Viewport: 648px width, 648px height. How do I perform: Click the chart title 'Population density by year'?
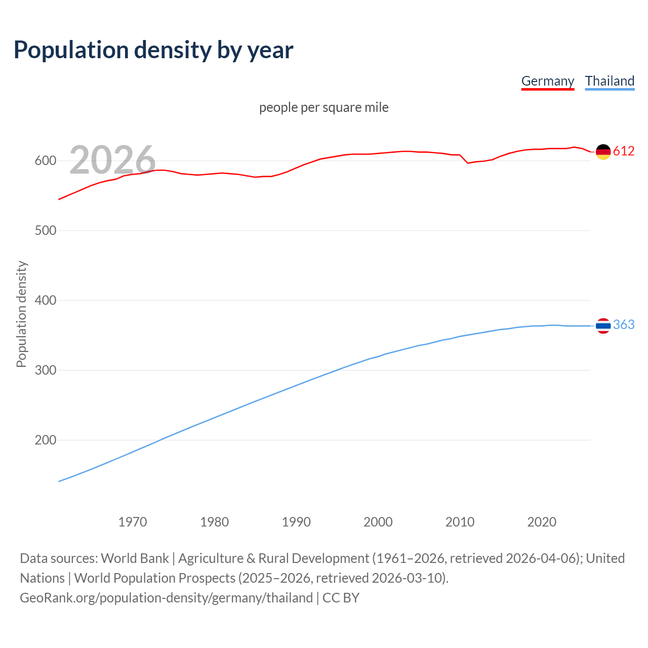[x=153, y=50]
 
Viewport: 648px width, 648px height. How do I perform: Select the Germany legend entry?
[x=547, y=81]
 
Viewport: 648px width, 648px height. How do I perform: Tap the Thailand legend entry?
[x=610, y=81]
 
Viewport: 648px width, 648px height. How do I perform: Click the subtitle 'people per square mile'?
[x=323, y=107]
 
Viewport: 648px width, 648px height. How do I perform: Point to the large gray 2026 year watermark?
[x=112, y=160]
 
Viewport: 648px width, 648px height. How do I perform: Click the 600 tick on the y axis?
[x=45, y=161]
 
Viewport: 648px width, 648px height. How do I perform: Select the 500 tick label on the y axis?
[x=45, y=231]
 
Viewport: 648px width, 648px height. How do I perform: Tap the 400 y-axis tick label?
[x=45, y=301]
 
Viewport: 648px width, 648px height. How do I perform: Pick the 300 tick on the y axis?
[x=45, y=371]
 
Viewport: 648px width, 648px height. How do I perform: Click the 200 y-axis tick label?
[x=45, y=440]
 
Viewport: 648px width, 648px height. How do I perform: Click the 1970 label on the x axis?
[x=133, y=522]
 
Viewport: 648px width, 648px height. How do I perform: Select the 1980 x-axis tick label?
[x=215, y=522]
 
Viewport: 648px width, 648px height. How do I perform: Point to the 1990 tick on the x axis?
[x=296, y=522]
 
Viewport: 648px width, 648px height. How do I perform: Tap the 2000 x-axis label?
[x=378, y=522]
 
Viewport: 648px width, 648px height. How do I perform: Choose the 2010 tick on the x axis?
[x=460, y=522]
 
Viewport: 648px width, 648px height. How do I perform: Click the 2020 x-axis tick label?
[x=542, y=522]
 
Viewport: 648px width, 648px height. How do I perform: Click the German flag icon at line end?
[x=603, y=152]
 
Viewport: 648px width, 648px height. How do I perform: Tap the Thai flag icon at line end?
[x=603, y=326]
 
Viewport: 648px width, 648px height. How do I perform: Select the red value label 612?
[x=624, y=151]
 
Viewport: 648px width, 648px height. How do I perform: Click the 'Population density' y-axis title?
[x=21, y=314]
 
